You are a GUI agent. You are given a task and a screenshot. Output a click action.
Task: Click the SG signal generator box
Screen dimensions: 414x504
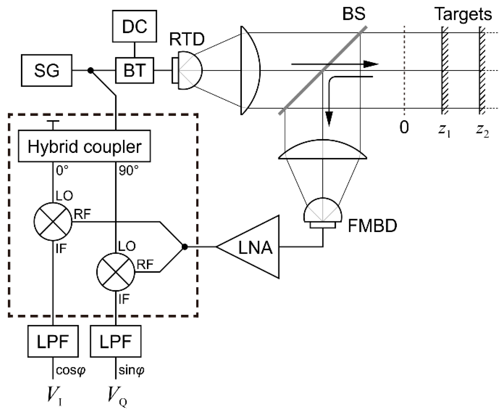click(x=47, y=70)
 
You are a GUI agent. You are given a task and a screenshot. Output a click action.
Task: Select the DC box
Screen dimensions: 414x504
click(x=134, y=26)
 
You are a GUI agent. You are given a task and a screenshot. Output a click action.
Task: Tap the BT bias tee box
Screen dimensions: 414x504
click(x=134, y=70)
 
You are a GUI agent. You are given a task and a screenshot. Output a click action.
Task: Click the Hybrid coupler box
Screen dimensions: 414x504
click(x=84, y=146)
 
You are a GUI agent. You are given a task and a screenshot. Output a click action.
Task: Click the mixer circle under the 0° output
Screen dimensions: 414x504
click(x=53, y=222)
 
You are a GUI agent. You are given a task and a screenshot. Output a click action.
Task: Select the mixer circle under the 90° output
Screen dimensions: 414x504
click(x=115, y=272)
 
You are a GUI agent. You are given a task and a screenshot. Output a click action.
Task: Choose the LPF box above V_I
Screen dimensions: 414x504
click(x=53, y=341)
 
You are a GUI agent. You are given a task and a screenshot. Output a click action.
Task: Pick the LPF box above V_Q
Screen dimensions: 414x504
click(x=115, y=341)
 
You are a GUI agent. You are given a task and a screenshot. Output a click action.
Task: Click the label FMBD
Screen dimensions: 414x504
click(x=372, y=226)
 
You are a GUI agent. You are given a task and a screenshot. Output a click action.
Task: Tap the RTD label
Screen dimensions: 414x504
click(x=187, y=39)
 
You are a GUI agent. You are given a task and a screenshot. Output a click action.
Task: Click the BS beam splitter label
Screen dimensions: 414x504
click(x=354, y=13)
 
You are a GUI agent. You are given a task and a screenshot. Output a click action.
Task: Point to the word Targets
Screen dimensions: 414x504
click(x=463, y=14)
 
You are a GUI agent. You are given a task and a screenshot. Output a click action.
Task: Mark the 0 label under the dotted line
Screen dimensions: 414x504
click(x=404, y=127)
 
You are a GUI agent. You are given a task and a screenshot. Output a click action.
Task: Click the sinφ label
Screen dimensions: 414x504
click(x=131, y=370)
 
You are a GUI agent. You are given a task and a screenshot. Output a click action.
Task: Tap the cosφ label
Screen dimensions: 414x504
click(x=70, y=370)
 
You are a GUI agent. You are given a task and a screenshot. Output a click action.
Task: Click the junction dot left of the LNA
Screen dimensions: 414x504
click(x=185, y=247)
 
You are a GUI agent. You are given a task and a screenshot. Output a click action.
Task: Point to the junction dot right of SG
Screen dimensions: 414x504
click(x=90, y=70)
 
